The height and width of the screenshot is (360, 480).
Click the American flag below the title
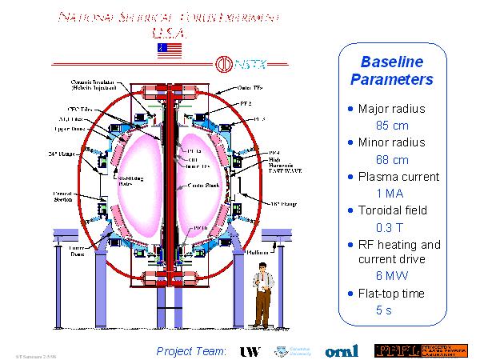pyautogui.click(x=170, y=50)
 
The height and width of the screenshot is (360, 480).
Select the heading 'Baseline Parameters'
pyautogui.click(x=392, y=70)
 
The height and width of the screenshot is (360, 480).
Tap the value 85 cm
pyautogui.click(x=392, y=126)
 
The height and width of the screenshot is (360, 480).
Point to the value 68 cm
pyautogui.click(x=392, y=159)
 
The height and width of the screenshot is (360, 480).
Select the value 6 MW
pyautogui.click(x=392, y=276)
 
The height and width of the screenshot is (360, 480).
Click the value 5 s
pyautogui.click(x=384, y=310)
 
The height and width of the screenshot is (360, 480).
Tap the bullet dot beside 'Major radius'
pyautogui.click(x=350, y=107)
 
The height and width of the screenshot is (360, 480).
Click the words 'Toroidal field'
pyautogui.click(x=393, y=210)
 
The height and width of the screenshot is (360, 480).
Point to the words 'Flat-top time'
pyautogui.click(x=391, y=294)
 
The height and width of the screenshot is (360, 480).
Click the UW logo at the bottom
pyautogui.click(x=251, y=351)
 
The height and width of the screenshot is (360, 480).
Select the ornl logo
pyautogui.click(x=342, y=351)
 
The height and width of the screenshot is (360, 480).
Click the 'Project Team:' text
pyautogui.click(x=192, y=351)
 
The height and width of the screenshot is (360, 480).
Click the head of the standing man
pyautogui.click(x=260, y=266)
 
